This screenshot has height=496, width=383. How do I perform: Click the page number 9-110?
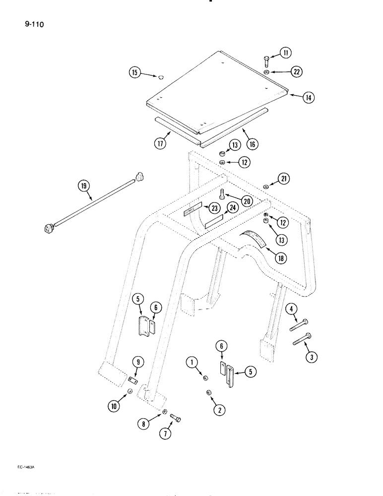pyautogui.click(x=33, y=23)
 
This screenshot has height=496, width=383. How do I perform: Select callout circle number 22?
pyautogui.click(x=296, y=72)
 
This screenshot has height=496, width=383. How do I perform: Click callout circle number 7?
pyautogui.click(x=165, y=433)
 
